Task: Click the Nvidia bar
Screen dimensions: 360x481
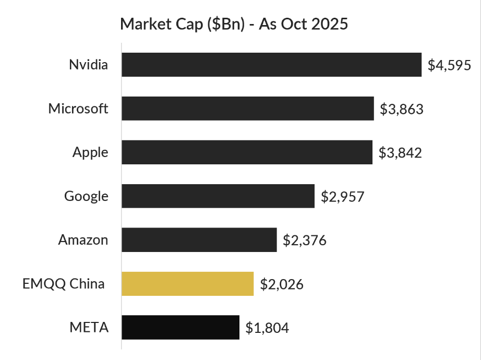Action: [x=271, y=65]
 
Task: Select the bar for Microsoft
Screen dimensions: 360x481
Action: [x=248, y=109]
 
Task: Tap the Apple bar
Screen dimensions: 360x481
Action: [x=247, y=152]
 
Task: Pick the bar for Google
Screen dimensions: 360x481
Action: [x=218, y=196]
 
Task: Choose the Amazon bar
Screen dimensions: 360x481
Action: [x=199, y=240]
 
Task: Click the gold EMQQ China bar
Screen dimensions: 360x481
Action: [x=187, y=284]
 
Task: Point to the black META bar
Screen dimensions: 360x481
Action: [x=181, y=328]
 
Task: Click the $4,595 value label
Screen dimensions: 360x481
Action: [x=449, y=65]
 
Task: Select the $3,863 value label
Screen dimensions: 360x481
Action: [x=401, y=109]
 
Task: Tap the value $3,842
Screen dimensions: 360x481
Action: [x=400, y=153]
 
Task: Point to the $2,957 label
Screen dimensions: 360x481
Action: [x=342, y=197]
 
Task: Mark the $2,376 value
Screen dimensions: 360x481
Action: [x=304, y=241]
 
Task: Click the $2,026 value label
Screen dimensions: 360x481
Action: [x=281, y=284]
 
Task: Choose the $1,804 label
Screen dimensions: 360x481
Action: [x=267, y=328]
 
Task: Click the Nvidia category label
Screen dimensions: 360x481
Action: [x=89, y=65]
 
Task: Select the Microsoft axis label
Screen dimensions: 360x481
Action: [x=78, y=109]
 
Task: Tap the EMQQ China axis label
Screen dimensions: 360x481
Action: [x=64, y=284]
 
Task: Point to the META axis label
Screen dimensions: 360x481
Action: [x=89, y=328]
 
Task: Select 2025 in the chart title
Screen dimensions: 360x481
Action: [x=329, y=24]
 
